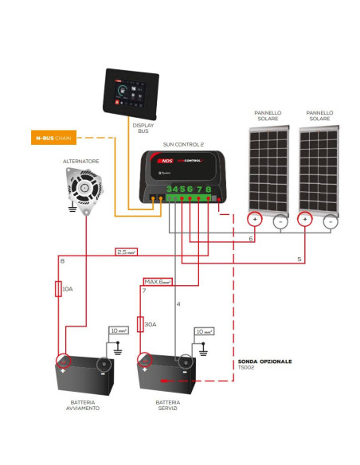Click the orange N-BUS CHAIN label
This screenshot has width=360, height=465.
tap(55, 139)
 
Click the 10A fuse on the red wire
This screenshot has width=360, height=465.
tap(59, 287)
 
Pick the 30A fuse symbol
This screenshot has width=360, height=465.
tap(140, 325)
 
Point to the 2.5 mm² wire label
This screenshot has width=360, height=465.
tap(127, 252)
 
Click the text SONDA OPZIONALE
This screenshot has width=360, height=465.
tap(264, 361)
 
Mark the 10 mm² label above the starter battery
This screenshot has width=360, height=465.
tap(118, 330)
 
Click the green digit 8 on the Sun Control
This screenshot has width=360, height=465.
tap(208, 190)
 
